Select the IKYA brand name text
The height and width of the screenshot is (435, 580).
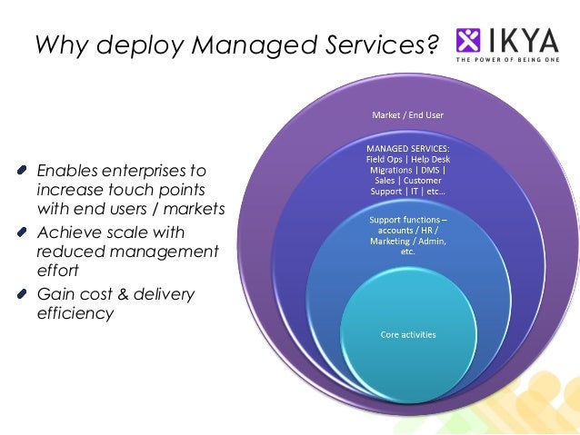coord(525,39)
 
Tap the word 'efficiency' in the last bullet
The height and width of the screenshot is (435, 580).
coord(75,314)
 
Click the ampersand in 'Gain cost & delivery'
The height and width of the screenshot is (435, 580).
coord(121,294)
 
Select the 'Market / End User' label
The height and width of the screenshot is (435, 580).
coord(407,115)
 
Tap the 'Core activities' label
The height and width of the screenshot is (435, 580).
coord(407,335)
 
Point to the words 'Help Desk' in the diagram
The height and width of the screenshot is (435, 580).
coord(431,159)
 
